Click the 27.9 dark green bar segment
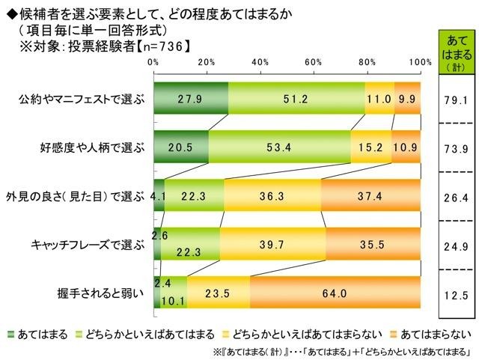191,98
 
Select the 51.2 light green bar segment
296,98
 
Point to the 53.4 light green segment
279,147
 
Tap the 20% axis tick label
207,61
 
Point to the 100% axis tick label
420,61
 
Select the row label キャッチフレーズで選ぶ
90,243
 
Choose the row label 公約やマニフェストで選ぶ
84,98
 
